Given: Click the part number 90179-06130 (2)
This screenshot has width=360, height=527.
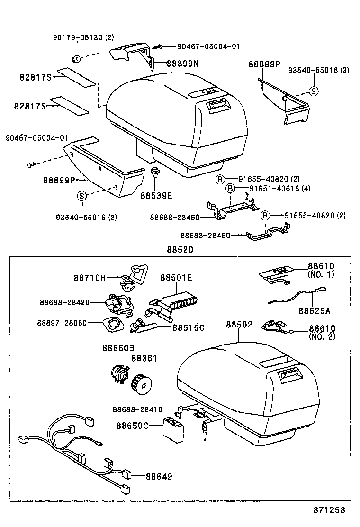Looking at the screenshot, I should (x=83, y=37).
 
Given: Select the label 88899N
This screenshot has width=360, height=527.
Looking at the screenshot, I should (x=182, y=63).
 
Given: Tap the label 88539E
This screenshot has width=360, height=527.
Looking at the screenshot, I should (x=156, y=194).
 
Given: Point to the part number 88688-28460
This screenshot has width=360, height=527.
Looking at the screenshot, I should (x=205, y=235).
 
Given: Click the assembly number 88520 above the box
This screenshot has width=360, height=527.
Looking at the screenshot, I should (x=180, y=250).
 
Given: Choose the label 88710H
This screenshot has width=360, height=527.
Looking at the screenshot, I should (x=90, y=278).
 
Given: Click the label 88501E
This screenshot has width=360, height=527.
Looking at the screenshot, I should (x=176, y=278).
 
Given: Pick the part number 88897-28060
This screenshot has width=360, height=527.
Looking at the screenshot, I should (x=62, y=323).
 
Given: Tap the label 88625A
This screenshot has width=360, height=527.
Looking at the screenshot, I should (x=314, y=311).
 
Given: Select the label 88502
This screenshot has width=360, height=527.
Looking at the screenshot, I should (x=239, y=325).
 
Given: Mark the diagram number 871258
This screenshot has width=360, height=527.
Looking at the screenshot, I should (x=329, y=510).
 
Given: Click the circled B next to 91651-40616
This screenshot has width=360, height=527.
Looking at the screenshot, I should (x=230, y=189).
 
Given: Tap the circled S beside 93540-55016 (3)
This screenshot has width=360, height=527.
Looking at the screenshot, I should (x=313, y=91).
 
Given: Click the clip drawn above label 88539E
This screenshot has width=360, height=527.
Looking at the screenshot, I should (x=154, y=173).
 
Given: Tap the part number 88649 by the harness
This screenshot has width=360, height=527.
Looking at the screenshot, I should (x=159, y=476).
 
